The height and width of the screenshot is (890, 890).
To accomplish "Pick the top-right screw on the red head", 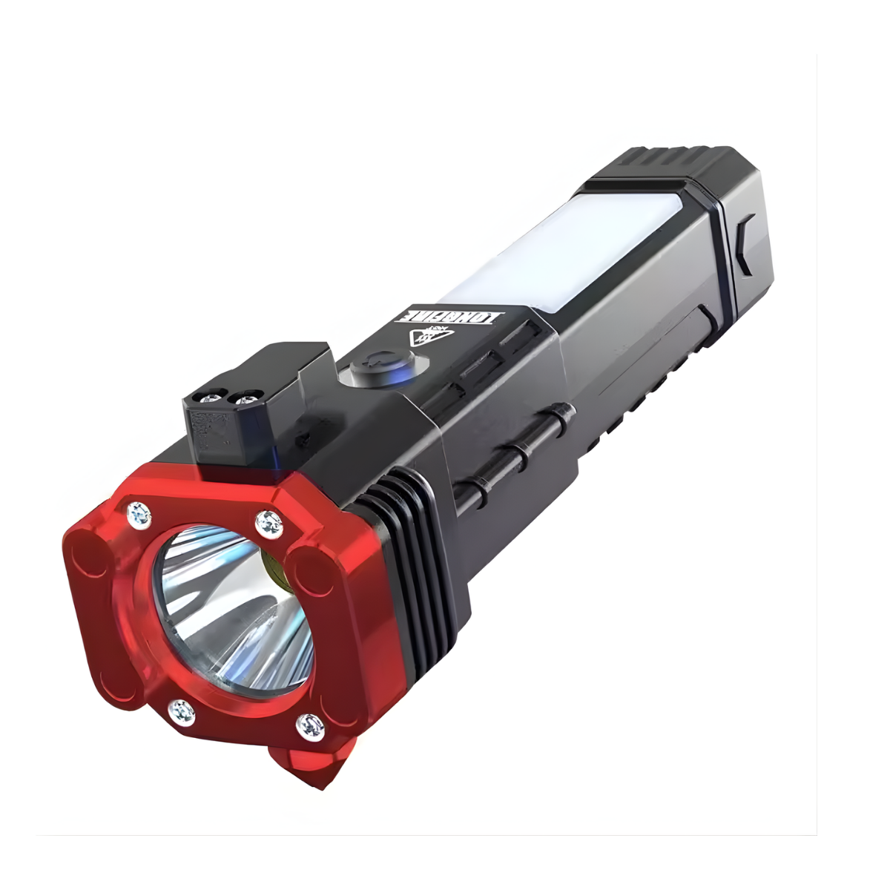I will click(x=268, y=524).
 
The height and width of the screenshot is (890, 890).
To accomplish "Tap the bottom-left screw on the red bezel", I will click(x=181, y=712).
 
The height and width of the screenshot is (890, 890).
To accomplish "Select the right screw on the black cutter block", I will click(x=245, y=399).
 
